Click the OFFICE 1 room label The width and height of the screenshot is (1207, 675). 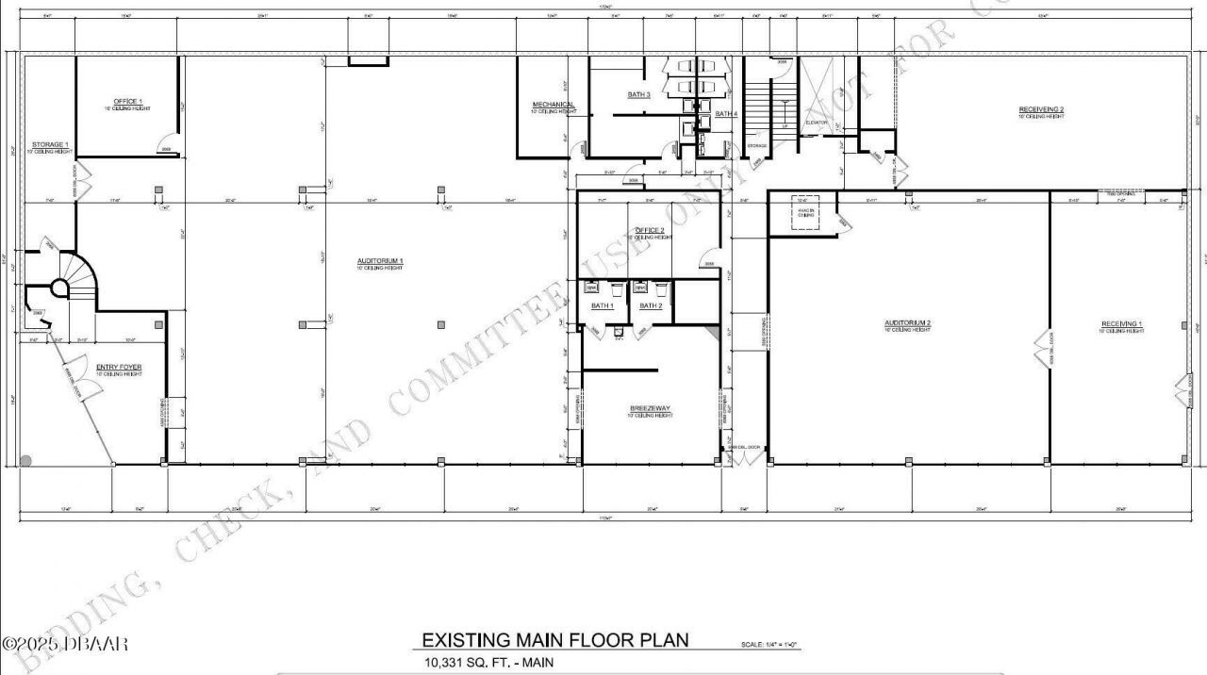[128, 101]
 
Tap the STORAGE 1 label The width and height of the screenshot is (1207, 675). [49, 145]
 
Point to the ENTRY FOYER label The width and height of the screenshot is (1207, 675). [119, 367]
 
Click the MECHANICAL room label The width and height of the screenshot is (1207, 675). [554, 105]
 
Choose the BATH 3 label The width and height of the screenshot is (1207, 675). [638, 95]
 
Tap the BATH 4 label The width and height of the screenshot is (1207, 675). [725, 114]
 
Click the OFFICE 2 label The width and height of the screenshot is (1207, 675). [650, 231]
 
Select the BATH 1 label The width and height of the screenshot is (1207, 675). [603, 306]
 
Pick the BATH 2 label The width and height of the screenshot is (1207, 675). [651, 306]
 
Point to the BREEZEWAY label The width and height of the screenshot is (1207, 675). [650, 408]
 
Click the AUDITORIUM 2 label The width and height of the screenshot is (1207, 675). [907, 323]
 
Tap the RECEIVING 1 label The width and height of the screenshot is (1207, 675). [1121, 324]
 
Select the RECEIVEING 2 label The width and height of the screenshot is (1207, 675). [1040, 110]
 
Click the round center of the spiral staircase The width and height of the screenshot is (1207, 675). [60, 287]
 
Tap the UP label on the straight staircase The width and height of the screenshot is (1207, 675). [785, 125]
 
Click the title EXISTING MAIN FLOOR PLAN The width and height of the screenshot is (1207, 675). [554, 641]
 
